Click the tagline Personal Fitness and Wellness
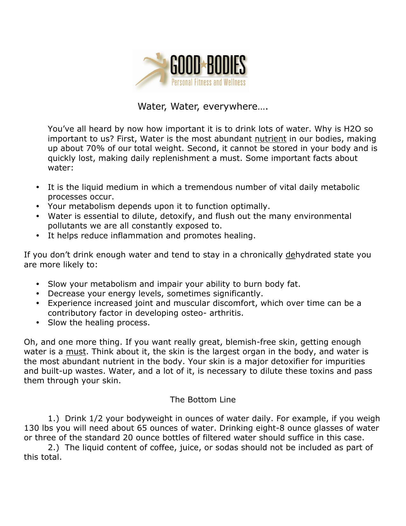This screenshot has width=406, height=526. coord(208,83)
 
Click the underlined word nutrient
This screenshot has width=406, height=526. coord(271,139)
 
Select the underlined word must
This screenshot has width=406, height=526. coord(76,352)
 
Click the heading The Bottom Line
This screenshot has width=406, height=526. coord(203,400)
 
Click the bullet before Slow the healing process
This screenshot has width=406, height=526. coord(38,323)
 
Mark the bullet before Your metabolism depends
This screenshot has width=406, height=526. coord(38,206)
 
